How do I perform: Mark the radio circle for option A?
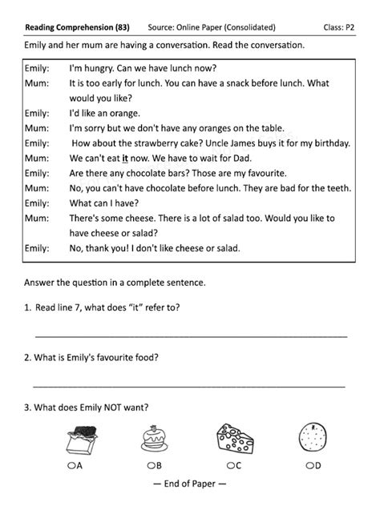click(x=71, y=465)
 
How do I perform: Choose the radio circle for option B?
click(x=150, y=465)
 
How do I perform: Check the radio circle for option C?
click(x=229, y=465)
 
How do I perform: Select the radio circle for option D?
click(x=309, y=465)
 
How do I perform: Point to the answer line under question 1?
click(x=191, y=335)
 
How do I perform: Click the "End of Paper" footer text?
click(x=190, y=485)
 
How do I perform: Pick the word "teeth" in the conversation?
click(x=334, y=189)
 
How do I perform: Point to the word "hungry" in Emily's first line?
click(x=99, y=67)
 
